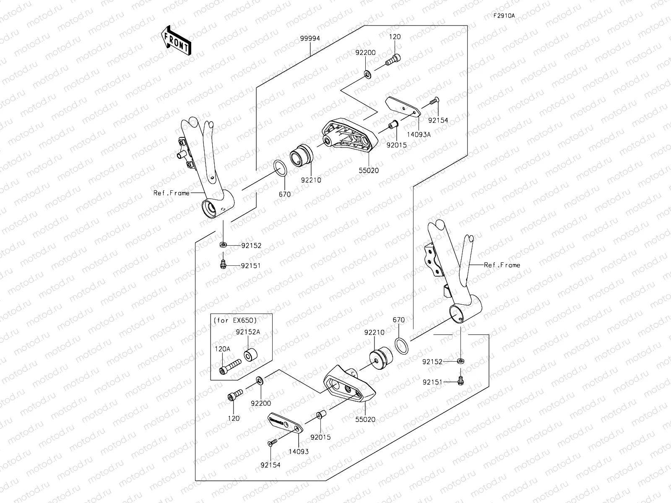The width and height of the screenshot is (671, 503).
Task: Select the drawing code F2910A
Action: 504,16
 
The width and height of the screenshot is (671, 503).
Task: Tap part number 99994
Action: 310,38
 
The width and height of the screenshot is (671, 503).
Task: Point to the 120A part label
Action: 222,349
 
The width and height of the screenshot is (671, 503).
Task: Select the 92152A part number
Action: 248,332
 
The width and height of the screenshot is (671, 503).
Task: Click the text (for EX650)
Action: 235,320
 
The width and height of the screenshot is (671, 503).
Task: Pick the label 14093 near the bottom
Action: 299,451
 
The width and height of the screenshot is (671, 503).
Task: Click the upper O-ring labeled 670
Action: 281,168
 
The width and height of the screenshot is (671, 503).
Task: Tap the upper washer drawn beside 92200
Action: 367,74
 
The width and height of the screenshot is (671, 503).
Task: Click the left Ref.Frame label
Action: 171,193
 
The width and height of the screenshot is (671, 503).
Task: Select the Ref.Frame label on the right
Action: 502,265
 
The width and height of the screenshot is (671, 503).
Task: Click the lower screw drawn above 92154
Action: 272,442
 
